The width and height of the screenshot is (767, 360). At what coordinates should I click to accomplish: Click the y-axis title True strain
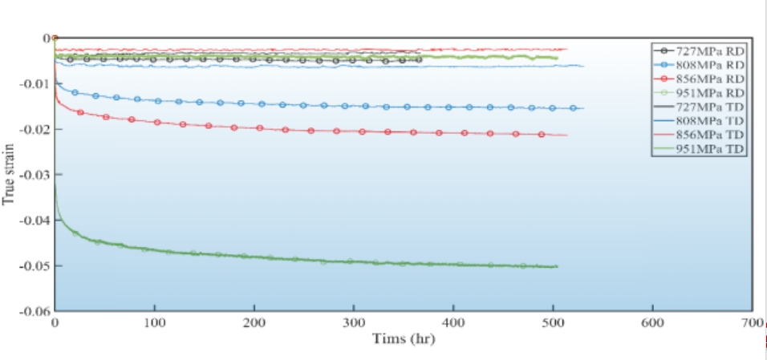point(9,175)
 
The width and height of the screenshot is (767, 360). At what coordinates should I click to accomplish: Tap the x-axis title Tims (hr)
point(404,339)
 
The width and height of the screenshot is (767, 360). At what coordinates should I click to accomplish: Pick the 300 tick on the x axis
point(354,322)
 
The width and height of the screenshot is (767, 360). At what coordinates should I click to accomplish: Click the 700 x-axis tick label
point(753,322)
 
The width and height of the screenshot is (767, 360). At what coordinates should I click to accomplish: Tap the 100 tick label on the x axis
point(154,322)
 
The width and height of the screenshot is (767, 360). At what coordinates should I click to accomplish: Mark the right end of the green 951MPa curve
point(557,266)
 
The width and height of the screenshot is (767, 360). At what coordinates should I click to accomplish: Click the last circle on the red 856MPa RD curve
point(542,134)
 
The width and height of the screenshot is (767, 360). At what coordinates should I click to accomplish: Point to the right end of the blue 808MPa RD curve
point(583,108)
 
